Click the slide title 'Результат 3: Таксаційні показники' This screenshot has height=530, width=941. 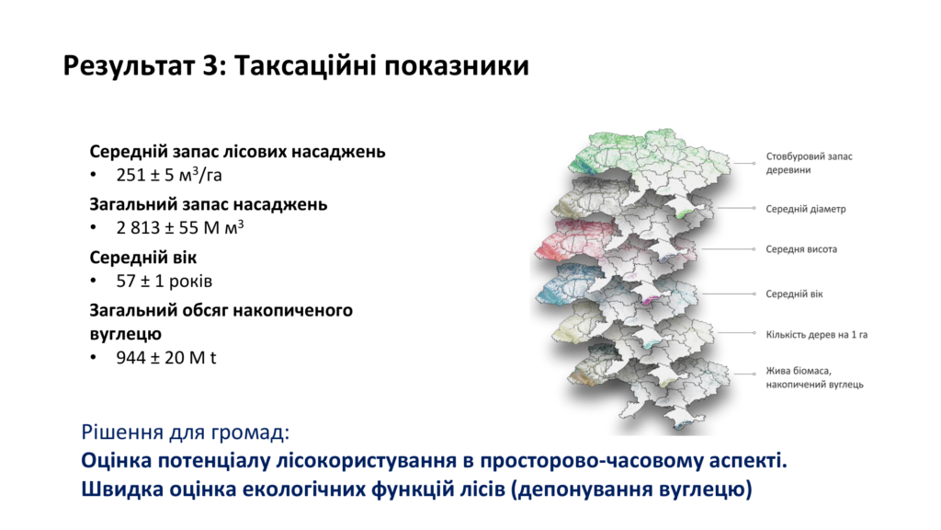pos(296,66)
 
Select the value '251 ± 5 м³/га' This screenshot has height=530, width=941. pos(169,175)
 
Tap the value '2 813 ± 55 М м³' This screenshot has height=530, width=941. pos(179,227)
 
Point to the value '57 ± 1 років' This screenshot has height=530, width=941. pos(164,281)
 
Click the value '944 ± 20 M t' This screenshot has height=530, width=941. pos(165,358)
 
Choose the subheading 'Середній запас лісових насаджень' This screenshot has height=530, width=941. pos(238,152)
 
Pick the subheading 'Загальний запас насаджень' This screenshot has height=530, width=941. pos(209,204)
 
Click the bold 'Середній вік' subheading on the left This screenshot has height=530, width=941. pos(142,258)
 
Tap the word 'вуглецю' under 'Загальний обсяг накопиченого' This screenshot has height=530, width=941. pos(125,334)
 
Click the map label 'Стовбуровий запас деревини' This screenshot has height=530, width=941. pos(809,163)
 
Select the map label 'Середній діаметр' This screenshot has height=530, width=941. pos(805,209)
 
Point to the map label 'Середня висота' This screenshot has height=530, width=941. pos(801,248)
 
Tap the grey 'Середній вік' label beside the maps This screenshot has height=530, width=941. pos(794,294)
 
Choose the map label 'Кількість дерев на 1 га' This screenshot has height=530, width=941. pos(817,335)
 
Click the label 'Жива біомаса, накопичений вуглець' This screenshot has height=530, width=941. pos(814,377)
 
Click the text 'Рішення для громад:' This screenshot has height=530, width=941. pos(186,432)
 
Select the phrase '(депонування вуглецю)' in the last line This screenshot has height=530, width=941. pos(631,490)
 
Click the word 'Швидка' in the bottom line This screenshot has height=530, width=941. pos(122,490)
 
